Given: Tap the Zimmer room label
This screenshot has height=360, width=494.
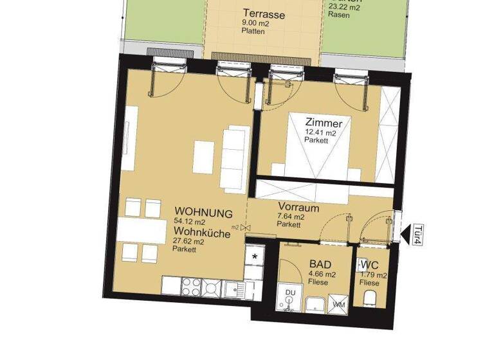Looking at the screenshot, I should pos(320,123).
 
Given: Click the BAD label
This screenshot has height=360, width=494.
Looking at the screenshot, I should pos(320,264).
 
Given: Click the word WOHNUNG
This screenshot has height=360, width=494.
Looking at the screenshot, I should pos(203,212).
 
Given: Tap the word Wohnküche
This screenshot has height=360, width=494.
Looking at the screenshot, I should pos(202,235).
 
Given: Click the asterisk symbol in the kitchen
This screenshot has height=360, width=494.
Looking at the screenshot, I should pos(255,256).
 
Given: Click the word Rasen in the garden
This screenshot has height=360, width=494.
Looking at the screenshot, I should pos(339,15).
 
